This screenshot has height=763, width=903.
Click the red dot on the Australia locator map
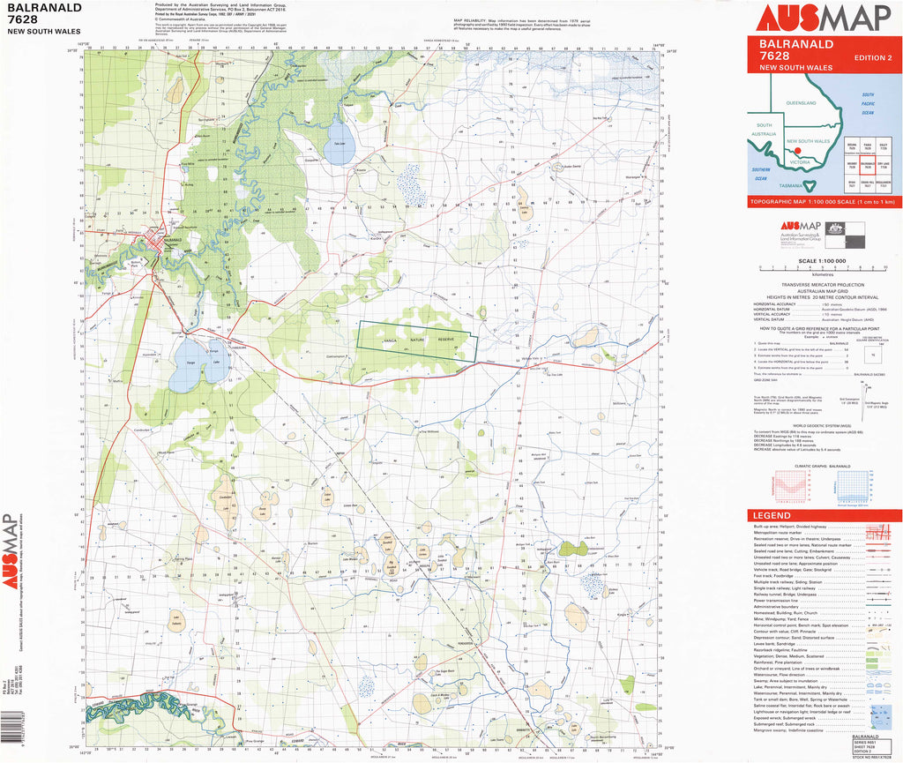coord(798,151)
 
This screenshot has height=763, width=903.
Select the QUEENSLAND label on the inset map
coord(801,104)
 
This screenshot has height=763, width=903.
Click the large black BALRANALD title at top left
coord(44,8)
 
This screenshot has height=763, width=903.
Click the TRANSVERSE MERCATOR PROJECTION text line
coord(823,285)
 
